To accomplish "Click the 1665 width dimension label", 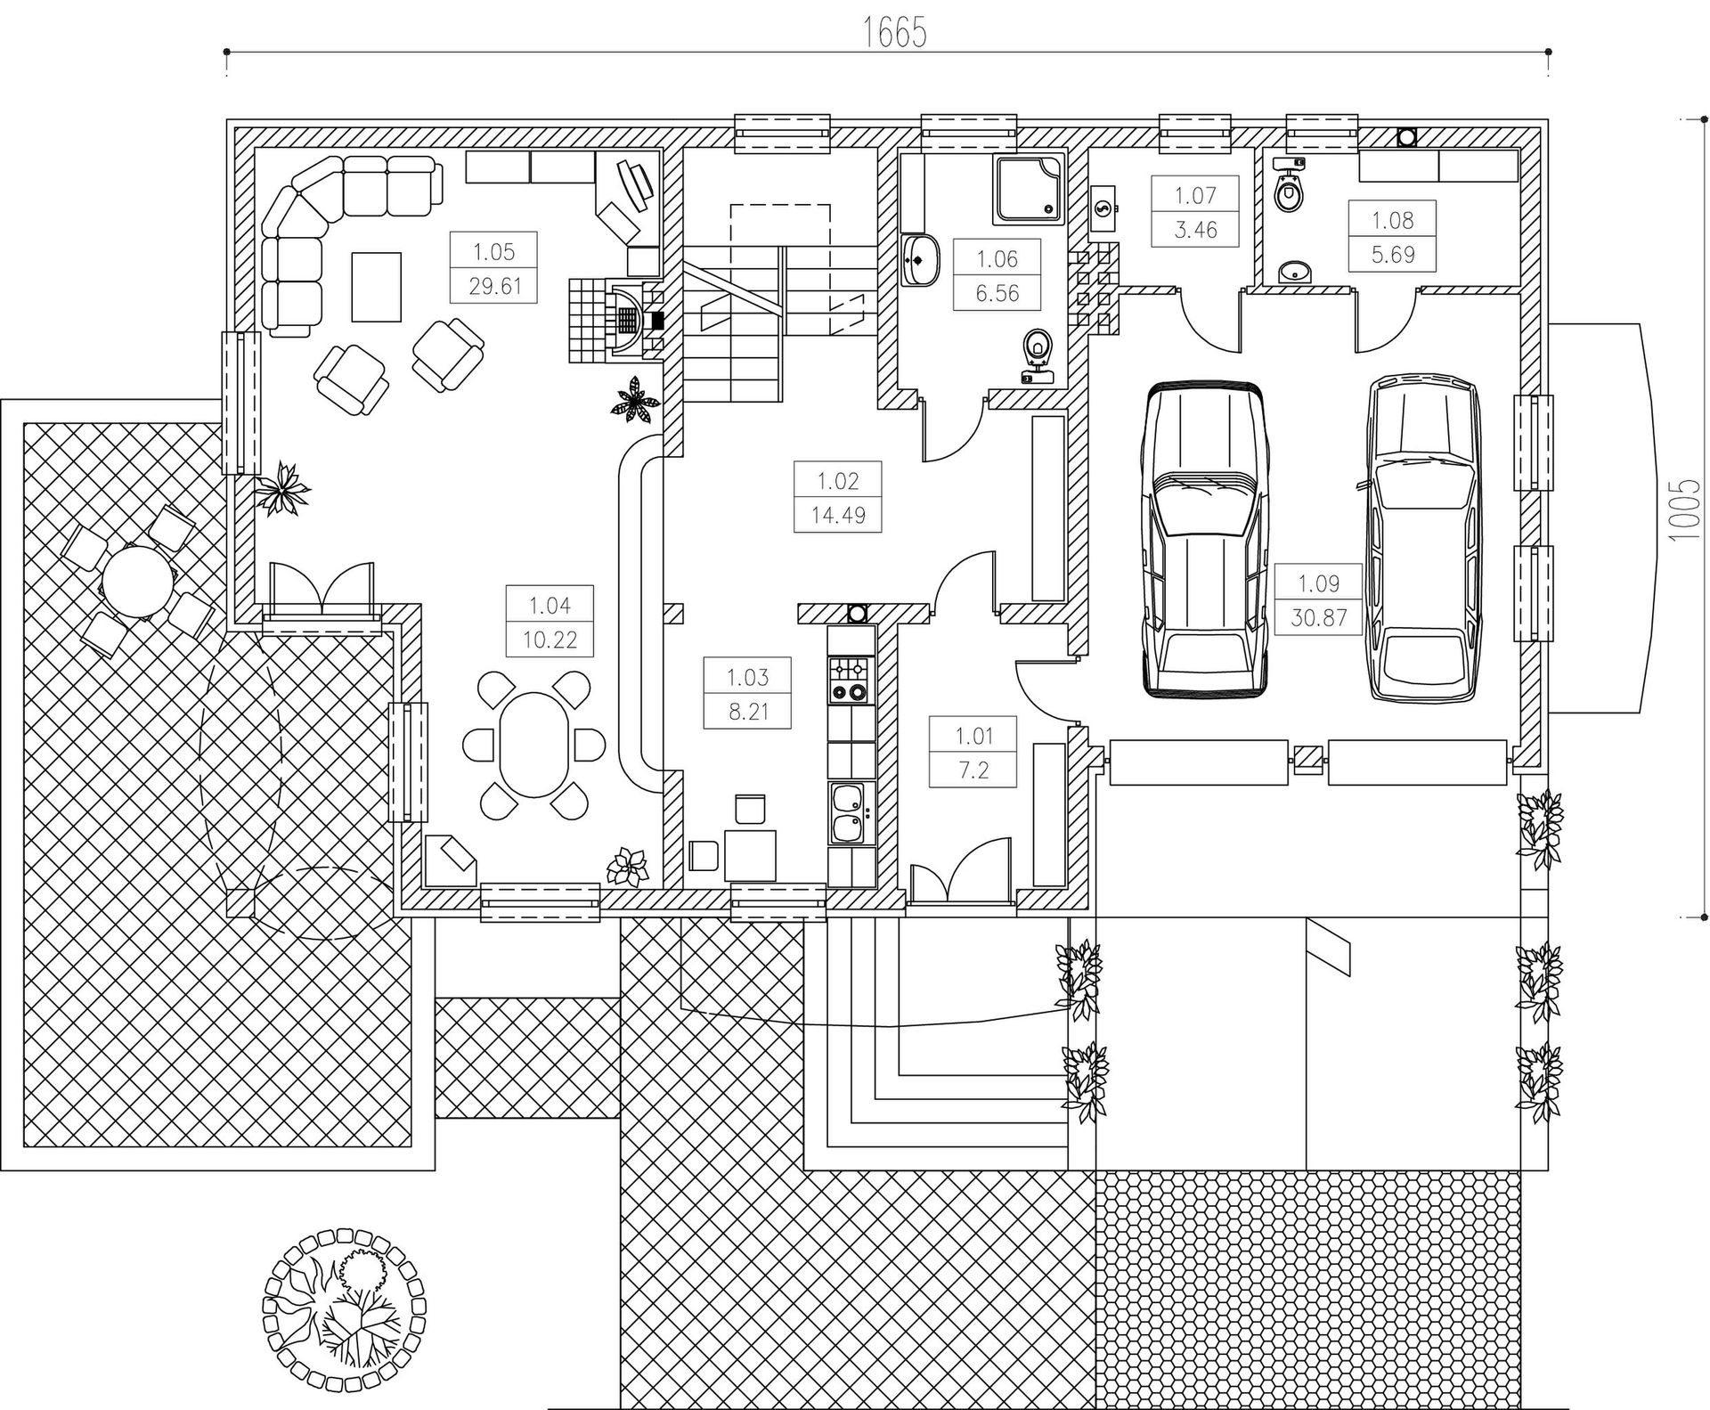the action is click(895, 33).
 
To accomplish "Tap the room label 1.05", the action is click(493, 251).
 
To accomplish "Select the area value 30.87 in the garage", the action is click(1318, 617).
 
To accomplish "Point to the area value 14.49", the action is click(838, 515).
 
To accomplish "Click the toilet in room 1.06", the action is click(1036, 355).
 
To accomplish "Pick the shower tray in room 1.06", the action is click(1030, 189).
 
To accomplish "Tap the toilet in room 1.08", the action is click(1286, 184).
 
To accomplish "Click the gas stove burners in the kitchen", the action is click(848, 680).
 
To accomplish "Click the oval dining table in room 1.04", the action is click(533, 744).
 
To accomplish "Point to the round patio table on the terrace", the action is click(138, 582).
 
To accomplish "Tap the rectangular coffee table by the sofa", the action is click(376, 286).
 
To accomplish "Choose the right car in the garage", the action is click(1425, 537).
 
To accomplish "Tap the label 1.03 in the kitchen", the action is click(746, 677).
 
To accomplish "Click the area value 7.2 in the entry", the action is click(973, 770).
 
